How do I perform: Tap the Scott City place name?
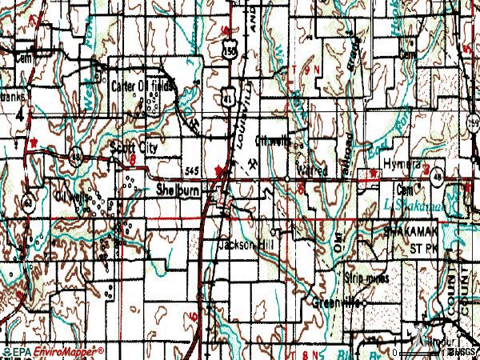[134, 149]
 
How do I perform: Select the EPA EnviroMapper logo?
[52, 351]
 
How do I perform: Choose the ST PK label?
[421, 249]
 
